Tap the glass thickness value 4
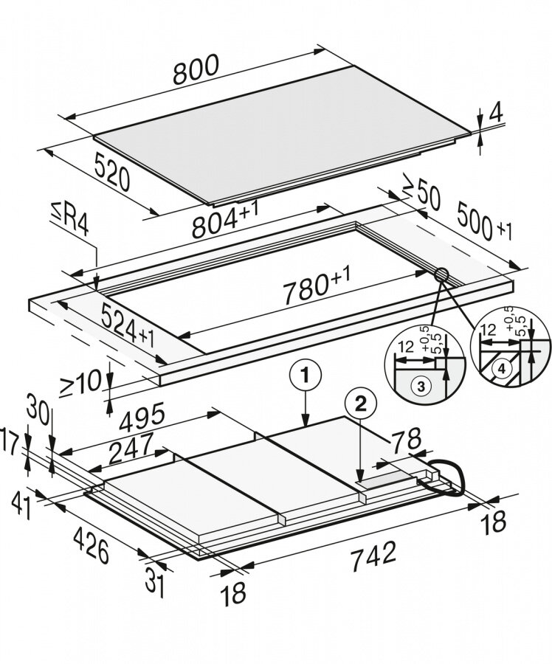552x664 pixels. tap(496, 114)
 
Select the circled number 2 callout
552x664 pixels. tap(360, 403)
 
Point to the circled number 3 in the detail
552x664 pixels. tap(418, 386)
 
